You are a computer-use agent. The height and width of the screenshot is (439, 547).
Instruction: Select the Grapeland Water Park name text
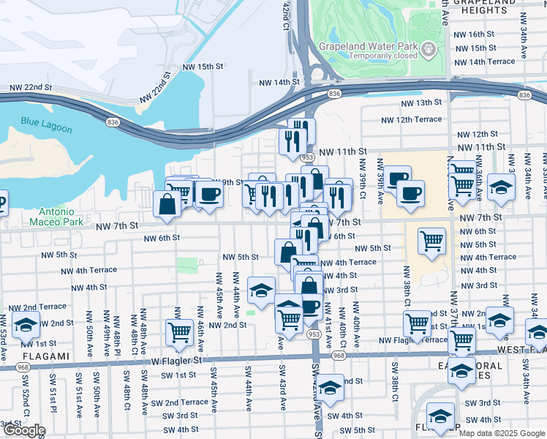point(368,46)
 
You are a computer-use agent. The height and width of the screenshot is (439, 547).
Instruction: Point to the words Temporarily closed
point(367,56)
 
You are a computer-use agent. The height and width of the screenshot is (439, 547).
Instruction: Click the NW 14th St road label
point(277,83)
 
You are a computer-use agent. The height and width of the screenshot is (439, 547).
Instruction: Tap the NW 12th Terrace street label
point(411,119)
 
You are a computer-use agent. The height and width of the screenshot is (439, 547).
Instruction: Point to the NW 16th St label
point(473,34)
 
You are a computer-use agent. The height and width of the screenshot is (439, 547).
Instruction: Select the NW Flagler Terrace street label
point(415,340)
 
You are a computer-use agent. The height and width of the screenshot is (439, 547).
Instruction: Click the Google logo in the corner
point(24,430)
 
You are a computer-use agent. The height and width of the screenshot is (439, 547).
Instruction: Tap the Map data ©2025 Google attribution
point(501,433)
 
